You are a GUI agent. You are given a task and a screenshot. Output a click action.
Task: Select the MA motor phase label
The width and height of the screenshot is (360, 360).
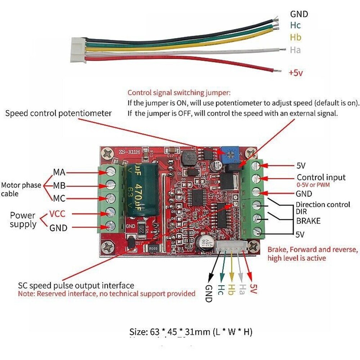click(x=59, y=172)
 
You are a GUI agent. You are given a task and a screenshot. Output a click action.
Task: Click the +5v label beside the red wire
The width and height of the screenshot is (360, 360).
click(x=296, y=73)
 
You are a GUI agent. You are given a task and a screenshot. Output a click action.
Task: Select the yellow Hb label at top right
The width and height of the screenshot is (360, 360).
click(x=296, y=37)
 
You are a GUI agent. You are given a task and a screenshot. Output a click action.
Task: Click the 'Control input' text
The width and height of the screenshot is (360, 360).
click(x=321, y=177)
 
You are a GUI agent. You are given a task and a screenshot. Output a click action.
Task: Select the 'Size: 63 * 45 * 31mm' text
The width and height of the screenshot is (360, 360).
click(x=191, y=331)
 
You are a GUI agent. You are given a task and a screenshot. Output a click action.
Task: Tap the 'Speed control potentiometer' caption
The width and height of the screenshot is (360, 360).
click(x=59, y=113)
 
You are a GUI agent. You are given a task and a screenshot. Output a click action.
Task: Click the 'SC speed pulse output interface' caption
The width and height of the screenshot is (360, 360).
click(x=76, y=285)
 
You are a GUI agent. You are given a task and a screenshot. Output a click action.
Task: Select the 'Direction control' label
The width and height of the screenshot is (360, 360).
click(x=323, y=204)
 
